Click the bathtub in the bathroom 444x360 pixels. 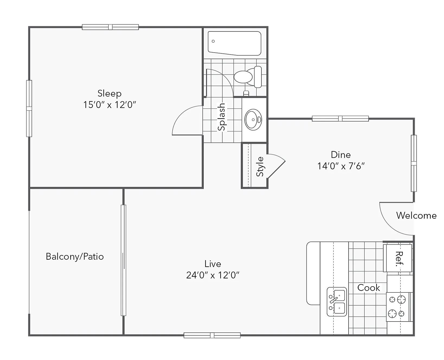[234, 43]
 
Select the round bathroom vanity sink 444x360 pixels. [253, 120]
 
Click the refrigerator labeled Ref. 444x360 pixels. [398, 258]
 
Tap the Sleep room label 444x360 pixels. [110, 94]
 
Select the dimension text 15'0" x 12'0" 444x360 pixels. [110, 105]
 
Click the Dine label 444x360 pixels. [341, 155]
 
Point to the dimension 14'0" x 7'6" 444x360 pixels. [341, 166]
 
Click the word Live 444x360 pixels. [213, 264]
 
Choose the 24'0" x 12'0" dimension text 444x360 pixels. [213, 275]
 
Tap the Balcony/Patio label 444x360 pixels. [75, 256]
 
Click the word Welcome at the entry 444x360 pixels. [416, 216]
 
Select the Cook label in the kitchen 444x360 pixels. [369, 288]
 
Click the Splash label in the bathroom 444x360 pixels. [222, 117]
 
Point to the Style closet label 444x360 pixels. [260, 167]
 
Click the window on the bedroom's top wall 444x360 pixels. [110, 27]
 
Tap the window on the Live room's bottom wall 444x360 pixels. [212, 335]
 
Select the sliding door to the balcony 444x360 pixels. [123, 260]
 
